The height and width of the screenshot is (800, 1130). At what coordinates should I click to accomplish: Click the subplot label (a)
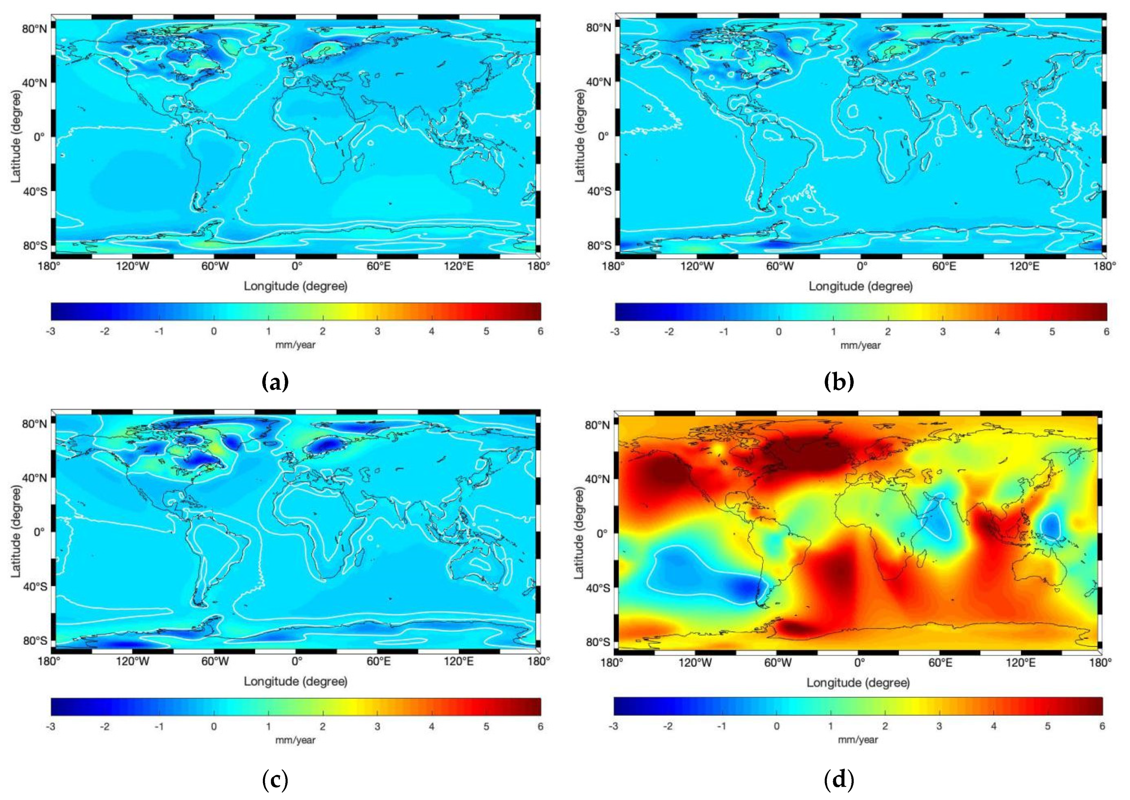tap(275, 382)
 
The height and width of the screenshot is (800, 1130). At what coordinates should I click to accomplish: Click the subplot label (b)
tap(839, 382)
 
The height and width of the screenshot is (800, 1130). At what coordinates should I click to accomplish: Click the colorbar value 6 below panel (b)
tap(1106, 332)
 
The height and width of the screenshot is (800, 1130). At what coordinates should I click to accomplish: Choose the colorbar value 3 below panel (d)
tap(939, 726)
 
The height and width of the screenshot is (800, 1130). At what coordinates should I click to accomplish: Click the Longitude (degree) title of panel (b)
tap(860, 286)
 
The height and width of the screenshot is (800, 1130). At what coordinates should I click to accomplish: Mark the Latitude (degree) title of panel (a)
tap(16, 137)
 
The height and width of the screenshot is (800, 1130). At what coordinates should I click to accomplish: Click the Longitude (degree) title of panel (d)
tap(858, 682)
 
